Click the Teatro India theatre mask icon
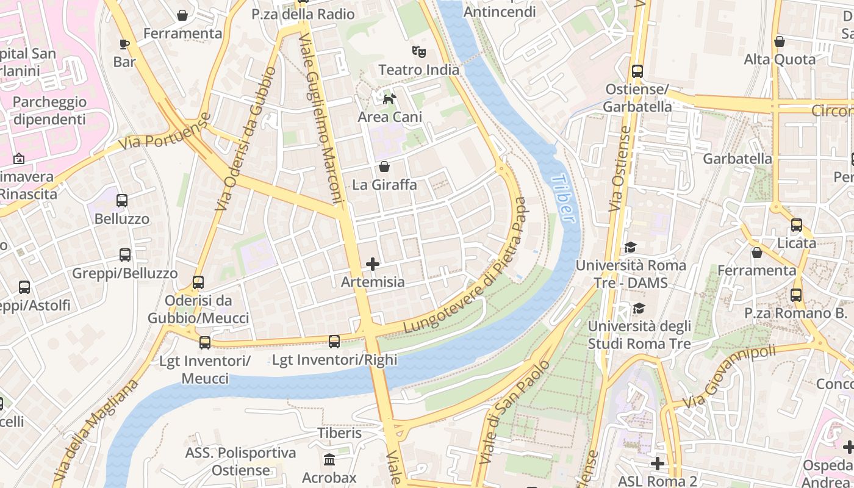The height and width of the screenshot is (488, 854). pyautogui.click(x=418, y=51)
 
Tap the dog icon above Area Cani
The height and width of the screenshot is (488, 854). pyautogui.click(x=389, y=98)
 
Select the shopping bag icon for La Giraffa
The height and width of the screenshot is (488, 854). pyautogui.click(x=384, y=166)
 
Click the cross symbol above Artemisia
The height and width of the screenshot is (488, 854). pyautogui.click(x=372, y=264)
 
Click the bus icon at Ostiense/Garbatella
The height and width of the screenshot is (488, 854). pyautogui.click(x=637, y=71)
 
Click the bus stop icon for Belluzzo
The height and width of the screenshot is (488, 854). pyautogui.click(x=122, y=200)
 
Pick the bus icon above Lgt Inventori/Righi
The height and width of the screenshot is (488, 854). pyautogui.click(x=334, y=342)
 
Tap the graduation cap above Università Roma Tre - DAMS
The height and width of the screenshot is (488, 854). pyautogui.click(x=630, y=247)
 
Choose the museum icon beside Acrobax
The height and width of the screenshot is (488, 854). pyautogui.click(x=329, y=459)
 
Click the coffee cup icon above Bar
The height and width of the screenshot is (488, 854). pyautogui.click(x=124, y=44)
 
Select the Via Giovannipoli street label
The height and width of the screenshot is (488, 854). pyautogui.click(x=730, y=377)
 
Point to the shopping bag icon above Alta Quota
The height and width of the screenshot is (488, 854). pyautogui.click(x=780, y=41)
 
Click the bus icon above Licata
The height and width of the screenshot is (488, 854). pyautogui.click(x=797, y=224)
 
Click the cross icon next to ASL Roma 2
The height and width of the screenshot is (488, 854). pyautogui.click(x=657, y=464)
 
